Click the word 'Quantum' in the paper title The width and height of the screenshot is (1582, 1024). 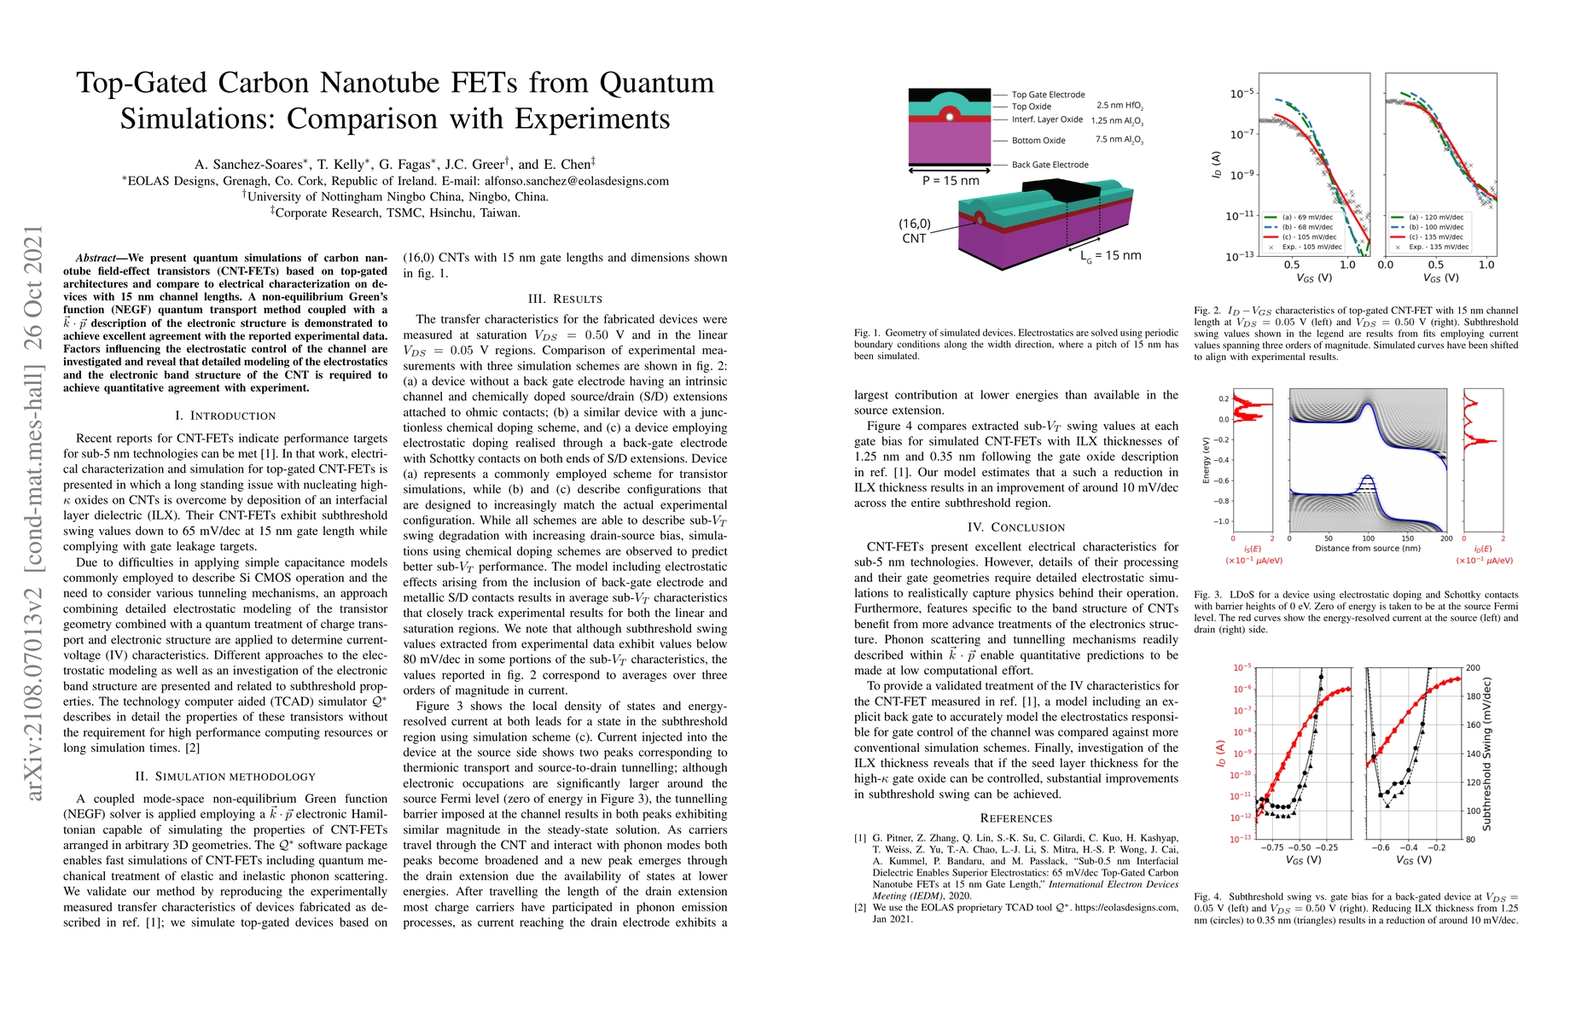click(656, 83)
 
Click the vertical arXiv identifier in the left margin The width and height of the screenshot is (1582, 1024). click(33, 512)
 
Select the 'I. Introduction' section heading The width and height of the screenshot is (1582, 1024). click(225, 416)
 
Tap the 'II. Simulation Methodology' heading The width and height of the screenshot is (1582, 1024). click(225, 777)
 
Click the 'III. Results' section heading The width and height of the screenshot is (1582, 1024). click(566, 299)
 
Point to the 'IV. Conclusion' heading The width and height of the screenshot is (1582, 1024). click(1016, 527)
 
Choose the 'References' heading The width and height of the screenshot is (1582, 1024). click(1016, 817)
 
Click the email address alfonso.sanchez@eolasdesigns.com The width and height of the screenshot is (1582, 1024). click(577, 181)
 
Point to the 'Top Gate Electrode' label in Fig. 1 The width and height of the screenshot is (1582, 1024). click(1048, 95)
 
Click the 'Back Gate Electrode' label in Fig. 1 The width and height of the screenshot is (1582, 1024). click(1050, 165)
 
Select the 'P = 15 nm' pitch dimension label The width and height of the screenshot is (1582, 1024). click(951, 181)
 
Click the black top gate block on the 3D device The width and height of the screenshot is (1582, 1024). click(1071, 192)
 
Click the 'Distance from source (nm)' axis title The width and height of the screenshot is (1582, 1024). click(1367, 549)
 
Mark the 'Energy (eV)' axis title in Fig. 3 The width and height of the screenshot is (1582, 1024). click(1206, 461)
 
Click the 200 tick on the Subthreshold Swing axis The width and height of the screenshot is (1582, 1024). click(1473, 668)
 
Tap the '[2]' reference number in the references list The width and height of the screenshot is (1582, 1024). click(860, 908)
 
